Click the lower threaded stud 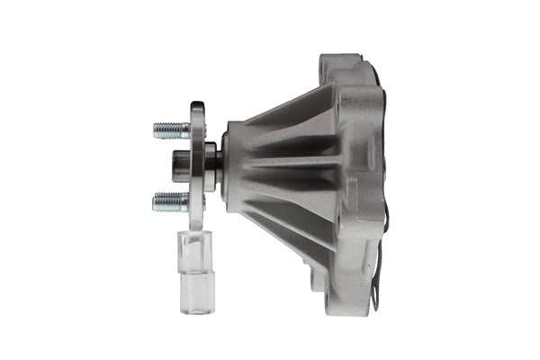click(171, 201)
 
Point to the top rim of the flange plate click(197, 106)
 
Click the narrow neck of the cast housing click(236, 164)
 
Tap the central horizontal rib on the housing click(288, 166)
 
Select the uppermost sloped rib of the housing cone click(288, 108)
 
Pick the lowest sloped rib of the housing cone click(288, 225)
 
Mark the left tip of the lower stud click(156, 201)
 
